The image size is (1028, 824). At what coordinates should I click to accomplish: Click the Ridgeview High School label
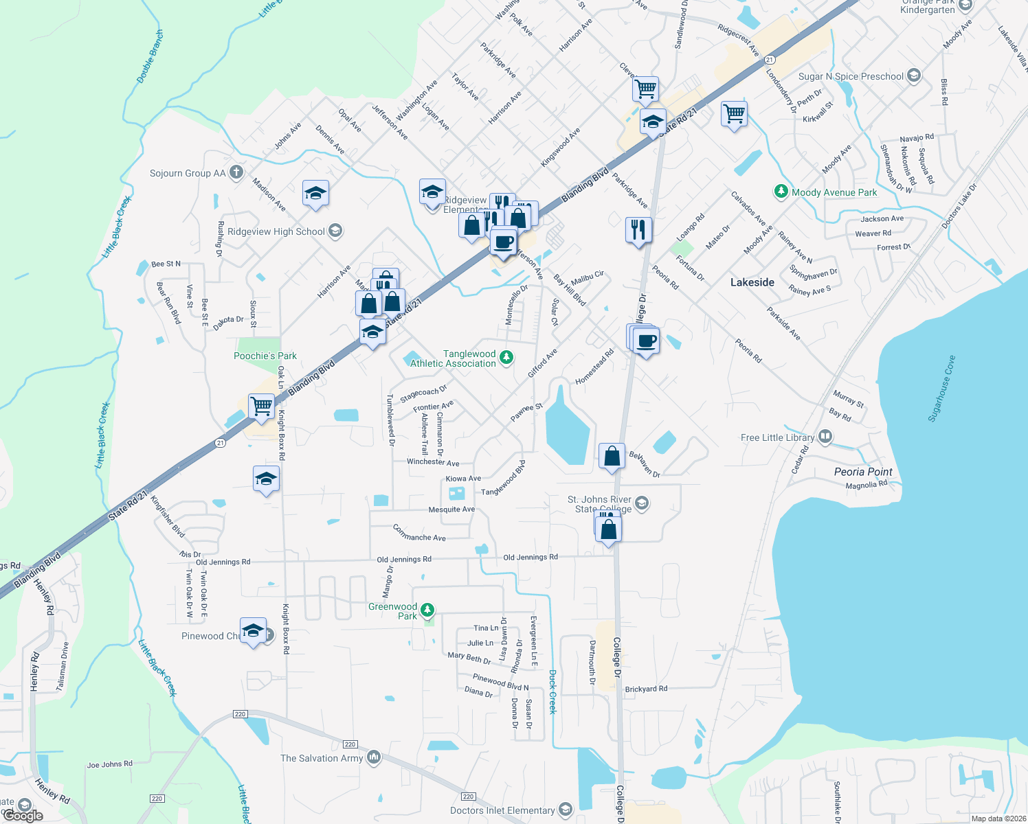(276, 231)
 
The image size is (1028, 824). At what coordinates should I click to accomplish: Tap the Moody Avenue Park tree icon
(781, 192)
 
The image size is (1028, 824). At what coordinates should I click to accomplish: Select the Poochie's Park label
(265, 356)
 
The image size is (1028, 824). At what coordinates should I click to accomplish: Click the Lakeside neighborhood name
(752, 282)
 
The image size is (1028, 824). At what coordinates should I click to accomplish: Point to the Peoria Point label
(863, 472)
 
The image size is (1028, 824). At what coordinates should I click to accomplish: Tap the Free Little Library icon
(825, 437)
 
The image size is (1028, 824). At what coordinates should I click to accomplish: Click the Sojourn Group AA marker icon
(236, 172)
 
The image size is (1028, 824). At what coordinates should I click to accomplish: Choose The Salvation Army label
(322, 758)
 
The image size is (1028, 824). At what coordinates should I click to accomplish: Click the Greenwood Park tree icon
(427, 610)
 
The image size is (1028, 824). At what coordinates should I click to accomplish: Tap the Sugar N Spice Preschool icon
(913, 76)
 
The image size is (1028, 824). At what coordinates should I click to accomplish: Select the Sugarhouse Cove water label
(941, 389)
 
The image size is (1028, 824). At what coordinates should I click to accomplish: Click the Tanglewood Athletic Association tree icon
(506, 357)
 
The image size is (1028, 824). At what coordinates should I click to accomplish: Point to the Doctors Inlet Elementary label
(502, 810)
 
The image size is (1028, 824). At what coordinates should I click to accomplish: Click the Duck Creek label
(552, 692)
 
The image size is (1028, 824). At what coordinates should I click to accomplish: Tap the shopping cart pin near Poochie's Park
(261, 406)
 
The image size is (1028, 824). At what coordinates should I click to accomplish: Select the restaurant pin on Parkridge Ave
(638, 229)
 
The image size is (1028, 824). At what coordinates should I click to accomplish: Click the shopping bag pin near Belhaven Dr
(612, 456)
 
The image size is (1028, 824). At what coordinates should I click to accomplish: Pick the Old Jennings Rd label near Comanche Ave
(404, 560)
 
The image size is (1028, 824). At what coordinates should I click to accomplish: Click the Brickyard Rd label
(646, 689)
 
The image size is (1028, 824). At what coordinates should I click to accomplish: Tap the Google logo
(23, 816)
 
